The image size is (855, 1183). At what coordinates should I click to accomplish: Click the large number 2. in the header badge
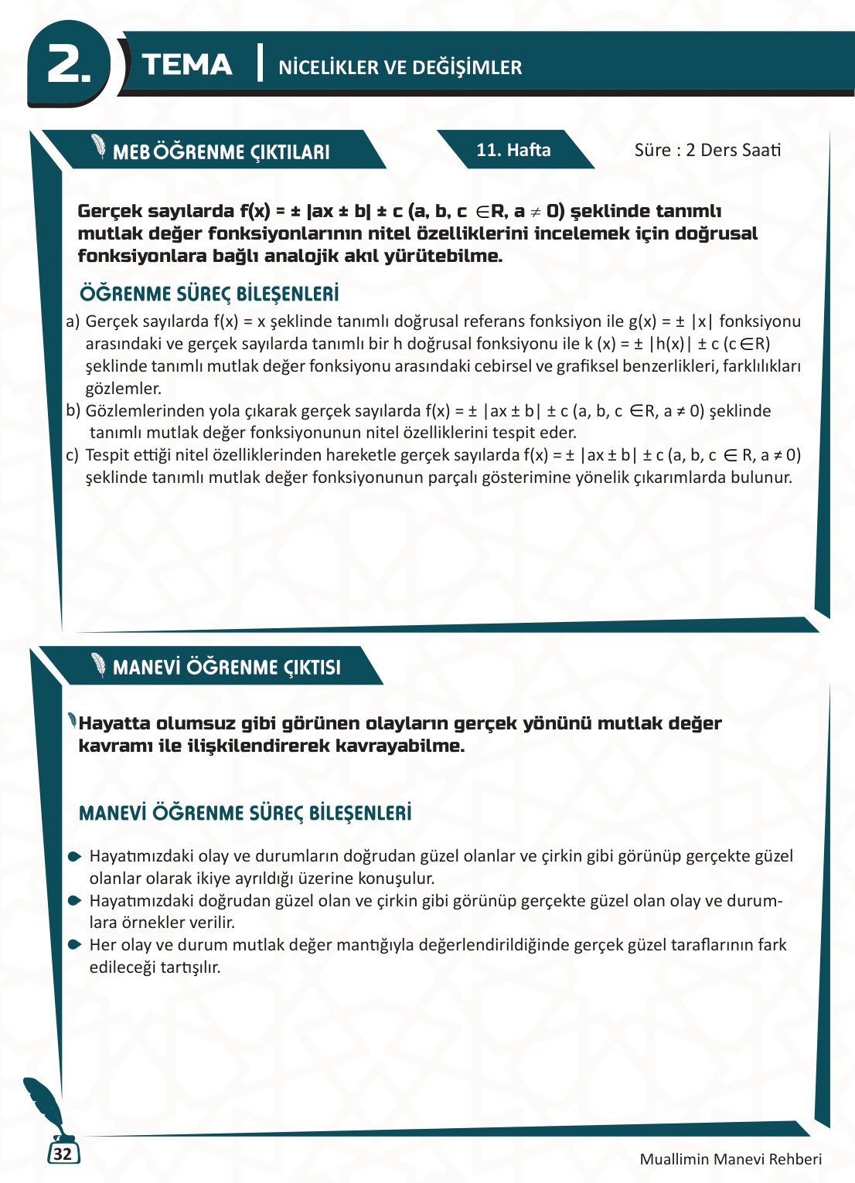tap(68, 65)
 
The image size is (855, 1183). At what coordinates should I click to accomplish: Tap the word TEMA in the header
tap(187, 65)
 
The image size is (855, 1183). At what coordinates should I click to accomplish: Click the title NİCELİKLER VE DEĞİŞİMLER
tap(400, 67)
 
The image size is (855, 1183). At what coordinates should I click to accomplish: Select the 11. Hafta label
tap(513, 150)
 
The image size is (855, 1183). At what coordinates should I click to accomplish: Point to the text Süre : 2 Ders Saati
tap(707, 150)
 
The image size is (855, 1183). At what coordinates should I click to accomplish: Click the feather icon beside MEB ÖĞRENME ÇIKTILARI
tap(98, 147)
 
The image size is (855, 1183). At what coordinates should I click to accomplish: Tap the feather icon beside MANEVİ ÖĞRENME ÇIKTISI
tap(98, 664)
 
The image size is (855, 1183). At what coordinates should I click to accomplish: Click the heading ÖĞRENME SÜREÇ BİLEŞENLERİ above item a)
tap(209, 294)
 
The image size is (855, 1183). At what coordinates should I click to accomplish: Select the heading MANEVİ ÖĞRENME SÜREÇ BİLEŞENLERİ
tap(245, 813)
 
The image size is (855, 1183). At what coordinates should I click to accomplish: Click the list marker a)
tap(73, 321)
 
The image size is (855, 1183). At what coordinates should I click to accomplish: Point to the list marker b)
tap(73, 411)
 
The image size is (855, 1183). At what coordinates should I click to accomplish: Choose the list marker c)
tap(73, 455)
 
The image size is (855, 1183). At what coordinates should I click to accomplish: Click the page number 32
tap(63, 1154)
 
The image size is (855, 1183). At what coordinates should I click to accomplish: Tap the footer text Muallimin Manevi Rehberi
tap(731, 1159)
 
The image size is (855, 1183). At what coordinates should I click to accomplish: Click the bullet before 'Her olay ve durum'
tap(74, 944)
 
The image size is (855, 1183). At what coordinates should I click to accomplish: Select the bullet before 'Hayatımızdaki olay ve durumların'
tap(74, 856)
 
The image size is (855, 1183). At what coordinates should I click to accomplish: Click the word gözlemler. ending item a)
tap(123, 389)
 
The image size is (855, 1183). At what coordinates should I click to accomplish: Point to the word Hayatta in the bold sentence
tap(114, 723)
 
